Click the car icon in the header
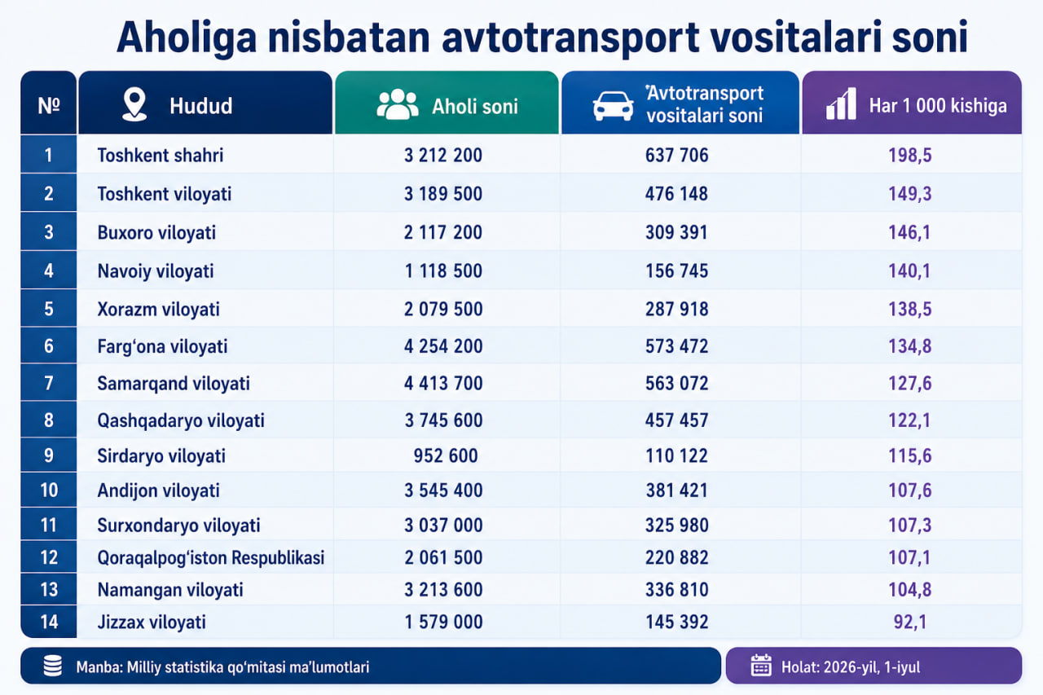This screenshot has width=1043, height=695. [x=613, y=106]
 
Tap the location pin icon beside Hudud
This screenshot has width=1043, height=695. [x=134, y=105]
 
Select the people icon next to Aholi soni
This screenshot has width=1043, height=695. [x=397, y=105]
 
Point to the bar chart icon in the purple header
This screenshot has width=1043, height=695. [x=841, y=103]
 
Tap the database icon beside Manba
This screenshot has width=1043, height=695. [x=53, y=666]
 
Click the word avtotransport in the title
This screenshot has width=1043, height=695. [x=570, y=37]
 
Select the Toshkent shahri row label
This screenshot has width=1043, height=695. [x=161, y=156]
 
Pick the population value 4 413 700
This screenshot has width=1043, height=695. [x=443, y=384]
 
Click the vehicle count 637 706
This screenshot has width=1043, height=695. [x=676, y=156]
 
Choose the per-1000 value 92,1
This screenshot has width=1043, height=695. [x=910, y=622]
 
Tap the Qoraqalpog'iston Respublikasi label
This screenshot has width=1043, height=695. [x=210, y=557]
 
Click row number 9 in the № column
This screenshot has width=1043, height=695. [x=48, y=455]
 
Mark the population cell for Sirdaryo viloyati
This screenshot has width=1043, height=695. [x=446, y=455]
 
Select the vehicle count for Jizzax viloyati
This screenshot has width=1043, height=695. [x=676, y=622]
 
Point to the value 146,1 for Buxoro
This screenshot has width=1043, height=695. [x=909, y=232]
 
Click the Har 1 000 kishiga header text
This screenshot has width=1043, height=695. [x=938, y=106]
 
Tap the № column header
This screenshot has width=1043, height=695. [x=48, y=106]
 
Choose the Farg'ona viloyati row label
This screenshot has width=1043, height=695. [x=162, y=347]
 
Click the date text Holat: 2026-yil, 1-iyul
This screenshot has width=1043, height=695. [x=851, y=667]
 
